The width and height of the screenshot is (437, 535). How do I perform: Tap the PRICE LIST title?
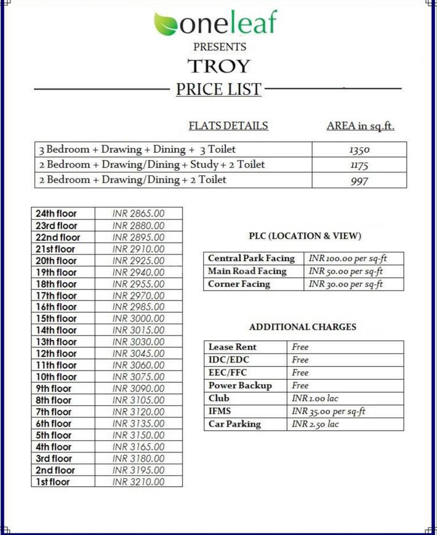(218, 89)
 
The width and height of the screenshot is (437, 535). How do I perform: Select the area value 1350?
(359, 150)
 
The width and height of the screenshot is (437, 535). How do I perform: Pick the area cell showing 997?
(359, 181)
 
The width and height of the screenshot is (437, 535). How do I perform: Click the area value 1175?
(359, 165)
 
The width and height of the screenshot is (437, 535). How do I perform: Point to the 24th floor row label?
(56, 214)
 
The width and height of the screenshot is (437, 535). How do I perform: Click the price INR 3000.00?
(138, 318)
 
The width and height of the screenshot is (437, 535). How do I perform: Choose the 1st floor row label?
(52, 481)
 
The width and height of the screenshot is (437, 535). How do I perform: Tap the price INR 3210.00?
(138, 481)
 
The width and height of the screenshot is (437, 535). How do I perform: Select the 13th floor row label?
(56, 342)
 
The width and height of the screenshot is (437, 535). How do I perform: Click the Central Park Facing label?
(251, 259)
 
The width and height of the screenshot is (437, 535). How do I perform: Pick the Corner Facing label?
(239, 284)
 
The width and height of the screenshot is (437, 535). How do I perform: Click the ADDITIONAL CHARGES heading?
(302, 327)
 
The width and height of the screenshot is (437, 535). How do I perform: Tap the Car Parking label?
(234, 424)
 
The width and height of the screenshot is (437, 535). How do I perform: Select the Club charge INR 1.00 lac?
(315, 398)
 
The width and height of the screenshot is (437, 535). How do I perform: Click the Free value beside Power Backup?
(300, 385)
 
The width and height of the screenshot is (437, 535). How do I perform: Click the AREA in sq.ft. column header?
(360, 126)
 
